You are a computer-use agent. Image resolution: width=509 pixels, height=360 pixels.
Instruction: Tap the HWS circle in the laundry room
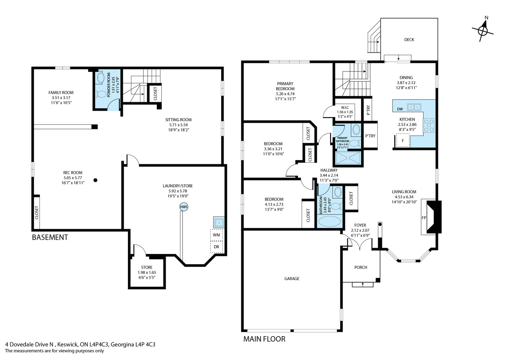(x=184, y=207)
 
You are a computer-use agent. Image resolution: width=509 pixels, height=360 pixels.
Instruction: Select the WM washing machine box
(x=216, y=235)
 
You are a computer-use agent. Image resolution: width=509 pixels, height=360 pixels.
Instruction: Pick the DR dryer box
(x=216, y=247)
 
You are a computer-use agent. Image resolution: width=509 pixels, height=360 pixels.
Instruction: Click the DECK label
(x=409, y=39)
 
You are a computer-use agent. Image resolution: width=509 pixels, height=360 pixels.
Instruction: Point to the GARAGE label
(x=292, y=279)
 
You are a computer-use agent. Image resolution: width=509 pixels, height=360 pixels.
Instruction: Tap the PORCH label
(x=361, y=267)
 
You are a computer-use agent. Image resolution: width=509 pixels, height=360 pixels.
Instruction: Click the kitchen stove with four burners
(x=429, y=125)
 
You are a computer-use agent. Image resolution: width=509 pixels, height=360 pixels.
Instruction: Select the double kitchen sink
(x=414, y=107)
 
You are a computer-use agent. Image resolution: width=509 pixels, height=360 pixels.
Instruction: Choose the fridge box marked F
(x=403, y=140)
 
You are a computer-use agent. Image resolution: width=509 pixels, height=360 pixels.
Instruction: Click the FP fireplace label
(x=424, y=218)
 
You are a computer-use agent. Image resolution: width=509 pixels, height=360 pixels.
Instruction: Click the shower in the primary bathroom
(x=348, y=158)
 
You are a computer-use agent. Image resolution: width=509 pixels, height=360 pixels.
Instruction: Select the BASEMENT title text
(x=50, y=237)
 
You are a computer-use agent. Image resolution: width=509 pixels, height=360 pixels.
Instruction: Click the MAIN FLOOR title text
(x=264, y=339)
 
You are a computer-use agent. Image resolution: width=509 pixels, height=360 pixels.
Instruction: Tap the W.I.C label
(x=345, y=108)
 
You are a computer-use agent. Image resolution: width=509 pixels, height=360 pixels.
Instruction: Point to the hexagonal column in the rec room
(x=95, y=180)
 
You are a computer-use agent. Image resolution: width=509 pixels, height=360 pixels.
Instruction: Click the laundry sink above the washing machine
(x=219, y=222)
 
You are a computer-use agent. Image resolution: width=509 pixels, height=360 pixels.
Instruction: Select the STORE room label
(x=147, y=267)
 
